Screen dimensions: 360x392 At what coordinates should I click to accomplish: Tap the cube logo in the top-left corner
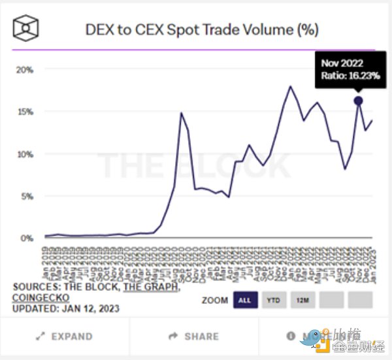coord(27,28)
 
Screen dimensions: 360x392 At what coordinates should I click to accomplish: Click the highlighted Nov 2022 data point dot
coord(358,101)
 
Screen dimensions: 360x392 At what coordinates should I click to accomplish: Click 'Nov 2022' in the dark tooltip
coord(341,63)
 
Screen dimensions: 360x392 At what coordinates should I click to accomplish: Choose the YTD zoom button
coord(274,300)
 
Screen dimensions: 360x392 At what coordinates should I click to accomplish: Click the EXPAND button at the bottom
coord(64,336)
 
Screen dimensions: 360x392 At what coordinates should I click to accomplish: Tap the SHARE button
coord(194,336)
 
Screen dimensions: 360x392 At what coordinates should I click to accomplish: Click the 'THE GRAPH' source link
coord(152,287)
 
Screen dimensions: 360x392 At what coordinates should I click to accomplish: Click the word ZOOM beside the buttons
coord(214,301)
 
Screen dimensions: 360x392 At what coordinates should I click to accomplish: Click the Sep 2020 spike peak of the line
coord(181,113)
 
